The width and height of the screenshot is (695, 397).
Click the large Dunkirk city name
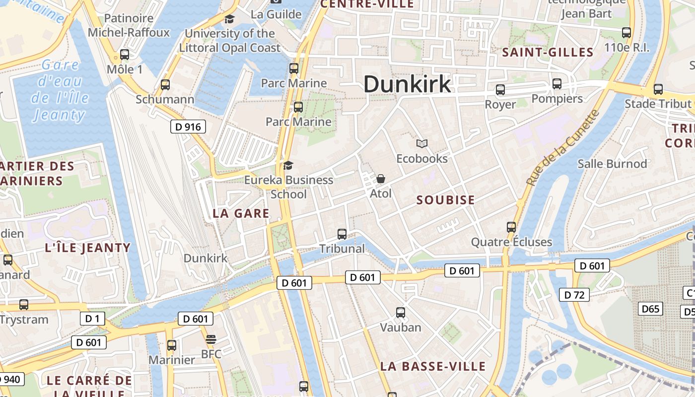(407, 84)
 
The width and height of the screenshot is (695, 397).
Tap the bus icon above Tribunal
(342, 234)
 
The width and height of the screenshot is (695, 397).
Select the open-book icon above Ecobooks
(422, 144)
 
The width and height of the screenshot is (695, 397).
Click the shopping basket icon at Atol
(381, 179)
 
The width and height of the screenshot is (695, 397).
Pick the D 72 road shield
(574, 295)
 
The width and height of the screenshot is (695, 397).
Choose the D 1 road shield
(92, 318)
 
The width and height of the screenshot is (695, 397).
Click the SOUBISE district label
(446, 200)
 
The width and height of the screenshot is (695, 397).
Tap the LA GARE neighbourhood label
(241, 213)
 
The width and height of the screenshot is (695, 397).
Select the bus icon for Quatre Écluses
(511, 227)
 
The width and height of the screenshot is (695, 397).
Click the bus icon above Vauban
(401, 313)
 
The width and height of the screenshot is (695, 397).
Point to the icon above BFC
(211, 339)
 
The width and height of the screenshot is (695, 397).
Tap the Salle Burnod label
(612, 164)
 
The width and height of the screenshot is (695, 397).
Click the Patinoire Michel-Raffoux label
(129, 25)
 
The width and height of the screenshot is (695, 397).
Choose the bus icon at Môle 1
(125, 55)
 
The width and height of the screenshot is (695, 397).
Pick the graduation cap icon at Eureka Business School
(288, 165)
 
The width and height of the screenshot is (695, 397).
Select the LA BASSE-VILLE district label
(433, 367)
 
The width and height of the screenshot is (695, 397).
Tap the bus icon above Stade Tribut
(658, 89)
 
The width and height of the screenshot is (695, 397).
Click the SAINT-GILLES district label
(548, 52)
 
